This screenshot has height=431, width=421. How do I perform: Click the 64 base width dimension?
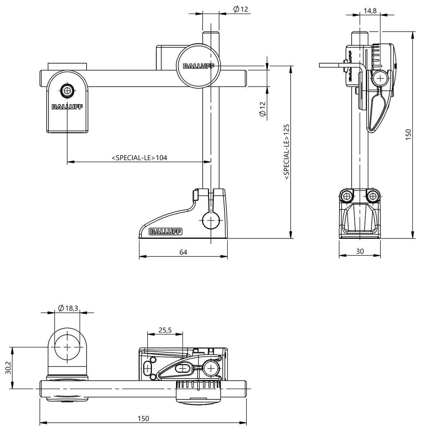pos(183,252)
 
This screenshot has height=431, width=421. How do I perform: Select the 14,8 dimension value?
pos(370,11)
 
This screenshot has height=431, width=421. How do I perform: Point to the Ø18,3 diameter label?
pos(68,308)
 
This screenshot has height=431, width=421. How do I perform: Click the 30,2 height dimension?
pos(8,368)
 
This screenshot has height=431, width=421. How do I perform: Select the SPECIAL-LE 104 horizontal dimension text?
pos(139,158)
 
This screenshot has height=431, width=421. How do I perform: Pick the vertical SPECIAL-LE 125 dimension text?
pos(287,152)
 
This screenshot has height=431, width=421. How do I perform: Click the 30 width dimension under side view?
pos(360,251)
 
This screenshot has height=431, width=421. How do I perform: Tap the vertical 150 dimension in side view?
pos(408,134)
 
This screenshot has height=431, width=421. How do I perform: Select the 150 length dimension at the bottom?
pos(143,419)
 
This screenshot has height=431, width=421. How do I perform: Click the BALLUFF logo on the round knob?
pos(199,66)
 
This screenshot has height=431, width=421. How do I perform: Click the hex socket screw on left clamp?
pos(67,91)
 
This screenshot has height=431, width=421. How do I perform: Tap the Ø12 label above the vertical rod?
pos(241,10)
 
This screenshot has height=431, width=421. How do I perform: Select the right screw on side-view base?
pos(373,196)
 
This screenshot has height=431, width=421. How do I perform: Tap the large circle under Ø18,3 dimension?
pos(67,347)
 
